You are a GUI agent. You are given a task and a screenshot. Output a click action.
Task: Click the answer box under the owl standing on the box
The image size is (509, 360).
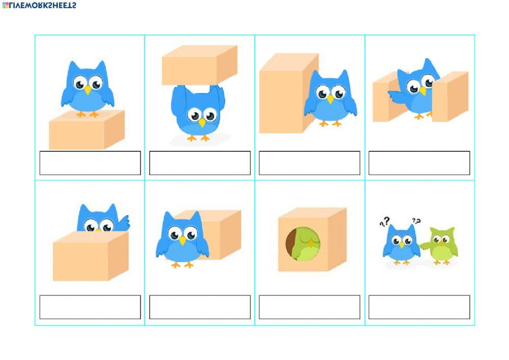(90, 163)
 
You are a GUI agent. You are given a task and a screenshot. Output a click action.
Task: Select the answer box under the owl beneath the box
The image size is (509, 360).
(200, 163)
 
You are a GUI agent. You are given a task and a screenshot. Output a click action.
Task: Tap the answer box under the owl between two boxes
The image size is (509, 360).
(419, 163)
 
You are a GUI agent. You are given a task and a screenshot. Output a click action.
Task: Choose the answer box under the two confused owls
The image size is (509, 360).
(419, 307)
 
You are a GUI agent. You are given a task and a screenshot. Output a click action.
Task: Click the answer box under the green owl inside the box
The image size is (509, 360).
(309, 307)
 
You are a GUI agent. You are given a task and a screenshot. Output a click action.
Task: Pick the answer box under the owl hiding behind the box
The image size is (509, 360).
(90, 307)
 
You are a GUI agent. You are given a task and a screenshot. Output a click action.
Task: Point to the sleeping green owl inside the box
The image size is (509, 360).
(305, 243)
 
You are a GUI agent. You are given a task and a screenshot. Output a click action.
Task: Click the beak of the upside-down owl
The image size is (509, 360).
(202, 123)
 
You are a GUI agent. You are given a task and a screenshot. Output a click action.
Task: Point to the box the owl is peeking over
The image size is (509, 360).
(89, 256)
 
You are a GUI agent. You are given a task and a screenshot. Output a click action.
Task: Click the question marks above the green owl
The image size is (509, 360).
(416, 221)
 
